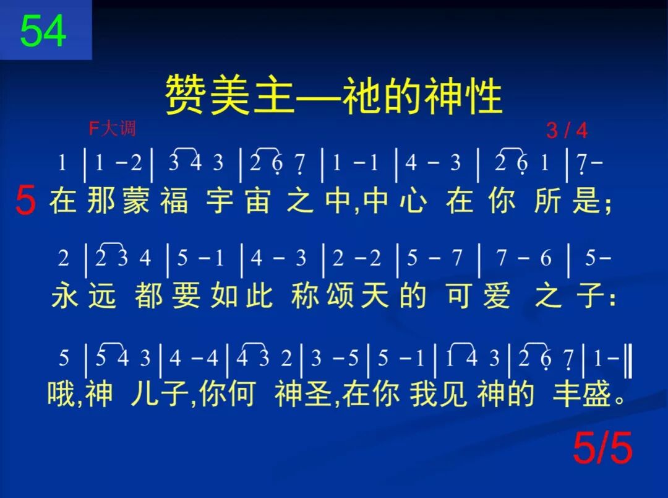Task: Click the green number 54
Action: (x=43, y=31)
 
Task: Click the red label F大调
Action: (x=112, y=128)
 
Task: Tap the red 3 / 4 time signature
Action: (x=567, y=131)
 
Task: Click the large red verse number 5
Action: (x=25, y=201)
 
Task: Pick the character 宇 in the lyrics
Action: (x=220, y=202)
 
